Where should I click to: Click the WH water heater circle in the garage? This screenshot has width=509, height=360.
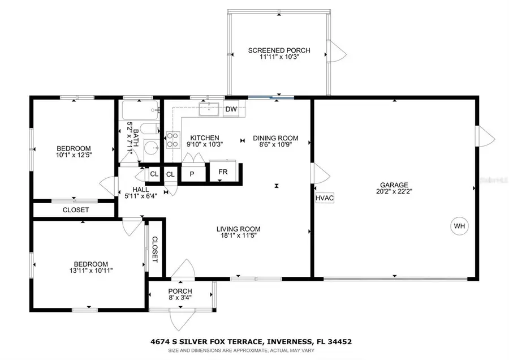[x=459, y=226]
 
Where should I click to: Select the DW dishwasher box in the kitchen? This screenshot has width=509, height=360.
[x=231, y=109]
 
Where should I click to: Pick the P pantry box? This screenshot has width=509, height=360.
[x=192, y=174]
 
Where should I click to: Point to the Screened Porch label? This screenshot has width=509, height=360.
[x=279, y=51]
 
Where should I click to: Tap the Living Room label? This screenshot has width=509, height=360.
[x=238, y=229]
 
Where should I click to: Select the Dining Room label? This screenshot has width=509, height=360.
[x=275, y=138]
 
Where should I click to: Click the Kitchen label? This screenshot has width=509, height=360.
[x=204, y=138]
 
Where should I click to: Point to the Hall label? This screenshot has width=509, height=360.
[x=141, y=190]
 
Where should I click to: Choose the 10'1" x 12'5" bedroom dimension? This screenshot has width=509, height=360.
[x=75, y=155]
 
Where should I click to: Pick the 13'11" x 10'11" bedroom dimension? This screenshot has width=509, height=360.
[x=90, y=271]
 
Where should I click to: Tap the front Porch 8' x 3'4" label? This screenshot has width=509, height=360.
[x=180, y=298]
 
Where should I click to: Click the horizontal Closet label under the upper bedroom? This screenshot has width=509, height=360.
[x=75, y=210]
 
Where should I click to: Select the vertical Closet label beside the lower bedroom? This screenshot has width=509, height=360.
[x=154, y=249]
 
